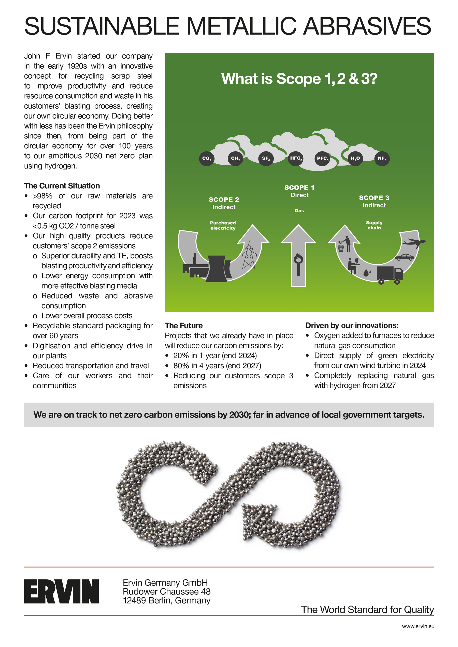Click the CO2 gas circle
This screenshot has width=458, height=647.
[x=207, y=158]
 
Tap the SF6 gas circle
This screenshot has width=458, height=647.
[x=266, y=158]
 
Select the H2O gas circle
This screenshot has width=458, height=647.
[x=355, y=158]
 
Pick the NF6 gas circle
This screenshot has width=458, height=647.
[x=382, y=158]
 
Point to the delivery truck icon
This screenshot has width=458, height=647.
[x=389, y=275]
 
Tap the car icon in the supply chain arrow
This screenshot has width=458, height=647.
[x=404, y=257]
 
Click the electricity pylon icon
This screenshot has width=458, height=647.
[x=249, y=255]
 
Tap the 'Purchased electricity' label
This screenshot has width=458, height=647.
[x=223, y=225]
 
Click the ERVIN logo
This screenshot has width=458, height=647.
[x=61, y=592]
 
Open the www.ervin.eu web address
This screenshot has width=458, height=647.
[x=418, y=626]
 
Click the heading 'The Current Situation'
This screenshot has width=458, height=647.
[x=62, y=186]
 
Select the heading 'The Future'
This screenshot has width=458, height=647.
[x=184, y=326]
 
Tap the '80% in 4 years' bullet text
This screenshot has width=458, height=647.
[x=217, y=365]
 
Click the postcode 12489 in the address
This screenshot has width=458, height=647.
[x=134, y=600]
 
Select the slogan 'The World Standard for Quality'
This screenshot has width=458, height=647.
[x=367, y=610]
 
